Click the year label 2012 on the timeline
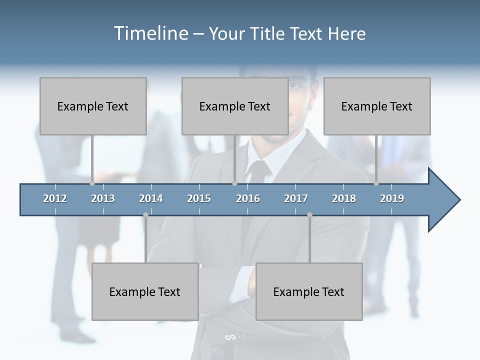pyautogui.click(x=55, y=198)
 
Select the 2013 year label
pyautogui.click(x=103, y=198)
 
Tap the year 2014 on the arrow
pyautogui.click(x=151, y=198)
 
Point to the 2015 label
pyautogui.click(x=199, y=198)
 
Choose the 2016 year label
pyautogui.click(x=248, y=198)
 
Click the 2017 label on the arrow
pyautogui.click(x=296, y=198)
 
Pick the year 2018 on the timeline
pyautogui.click(x=344, y=198)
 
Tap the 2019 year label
pyautogui.click(x=392, y=198)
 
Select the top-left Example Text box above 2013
pyautogui.click(x=93, y=106)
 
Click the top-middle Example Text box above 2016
pyautogui.click(x=235, y=106)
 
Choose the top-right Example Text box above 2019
pyautogui.click(x=377, y=106)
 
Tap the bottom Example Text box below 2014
pyautogui.click(x=145, y=291)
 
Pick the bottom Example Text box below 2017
pyautogui.click(x=309, y=291)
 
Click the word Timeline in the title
pyautogui.click(x=150, y=33)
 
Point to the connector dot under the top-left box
pyautogui.click(x=92, y=183)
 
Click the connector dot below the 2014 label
pyautogui.click(x=145, y=215)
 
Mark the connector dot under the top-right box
pyautogui.click(x=376, y=183)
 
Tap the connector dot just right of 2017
pyautogui.click(x=309, y=215)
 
